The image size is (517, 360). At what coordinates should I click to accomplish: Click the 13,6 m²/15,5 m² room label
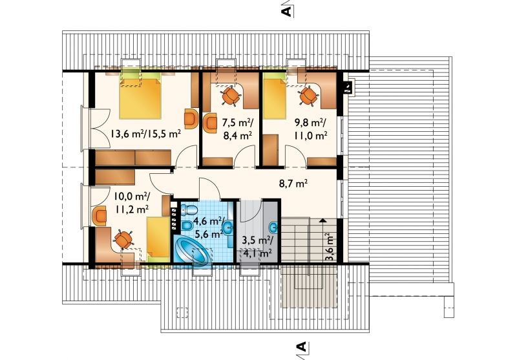[145, 134]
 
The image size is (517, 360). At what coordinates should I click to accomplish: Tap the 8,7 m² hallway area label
[293, 184]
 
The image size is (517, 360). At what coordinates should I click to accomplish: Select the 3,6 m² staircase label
[329, 247]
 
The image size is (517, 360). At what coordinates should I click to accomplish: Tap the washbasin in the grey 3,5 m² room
[273, 227]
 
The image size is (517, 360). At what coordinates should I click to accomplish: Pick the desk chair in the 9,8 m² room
[309, 95]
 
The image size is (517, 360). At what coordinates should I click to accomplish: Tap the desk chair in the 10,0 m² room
[123, 240]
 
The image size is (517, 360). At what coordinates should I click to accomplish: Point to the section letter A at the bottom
[301, 347]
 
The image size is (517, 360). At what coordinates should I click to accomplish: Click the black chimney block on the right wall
[347, 88]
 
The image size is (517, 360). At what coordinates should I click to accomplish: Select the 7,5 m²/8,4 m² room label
[237, 129]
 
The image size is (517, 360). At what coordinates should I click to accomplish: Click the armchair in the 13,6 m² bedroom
[191, 118]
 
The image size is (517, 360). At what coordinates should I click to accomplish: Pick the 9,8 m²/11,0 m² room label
[310, 129]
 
